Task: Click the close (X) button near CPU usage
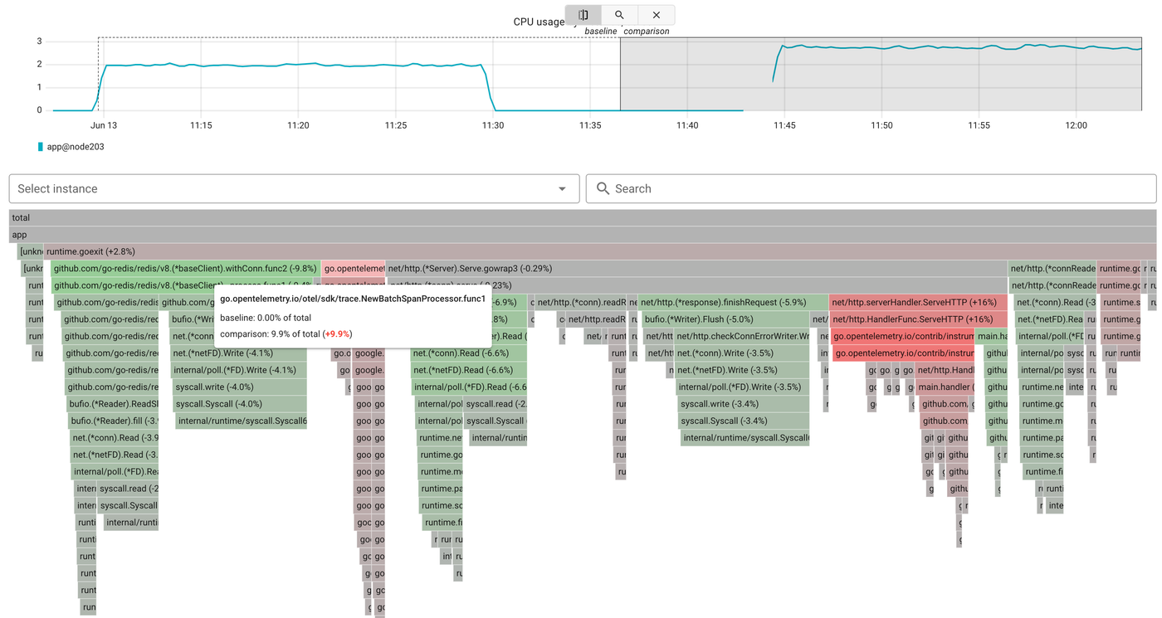click(656, 15)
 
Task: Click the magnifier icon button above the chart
click(619, 15)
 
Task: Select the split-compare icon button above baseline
click(583, 15)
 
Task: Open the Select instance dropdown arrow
click(562, 189)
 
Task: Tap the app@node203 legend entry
click(75, 147)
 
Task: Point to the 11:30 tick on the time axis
click(493, 125)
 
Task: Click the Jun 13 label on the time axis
click(104, 125)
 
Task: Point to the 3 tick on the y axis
click(39, 41)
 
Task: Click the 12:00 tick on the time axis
click(1076, 125)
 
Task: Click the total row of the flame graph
click(581, 217)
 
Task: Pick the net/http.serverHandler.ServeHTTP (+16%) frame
click(918, 303)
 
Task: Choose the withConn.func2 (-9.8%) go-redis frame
click(185, 269)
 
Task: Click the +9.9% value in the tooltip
click(337, 334)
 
